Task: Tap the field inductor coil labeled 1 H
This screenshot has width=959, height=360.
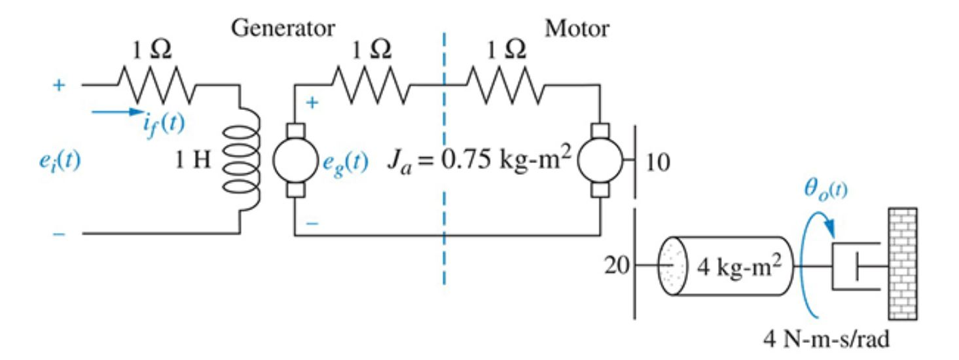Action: pos(241,160)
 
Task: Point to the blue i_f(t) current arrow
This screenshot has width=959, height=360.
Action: pos(117,112)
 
